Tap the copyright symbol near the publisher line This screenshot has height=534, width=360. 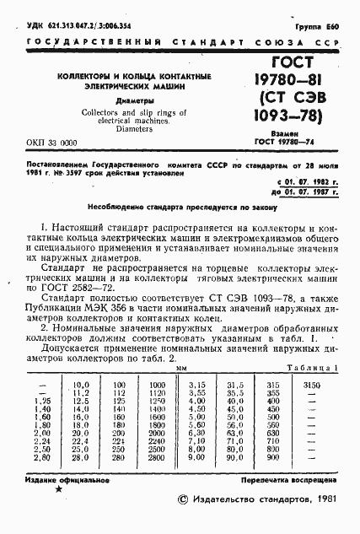click(x=173, y=500)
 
